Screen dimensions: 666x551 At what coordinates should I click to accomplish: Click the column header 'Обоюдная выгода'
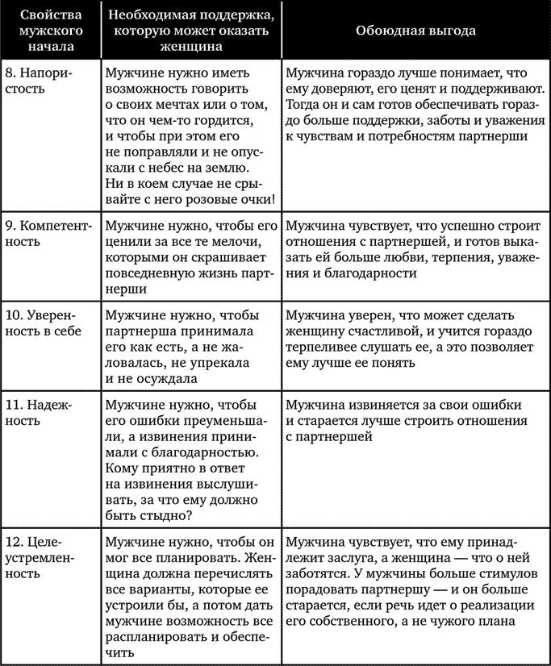[415, 30]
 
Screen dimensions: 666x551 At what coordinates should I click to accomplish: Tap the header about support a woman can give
[190, 30]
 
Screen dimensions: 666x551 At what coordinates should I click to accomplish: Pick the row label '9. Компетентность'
[51, 231]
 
